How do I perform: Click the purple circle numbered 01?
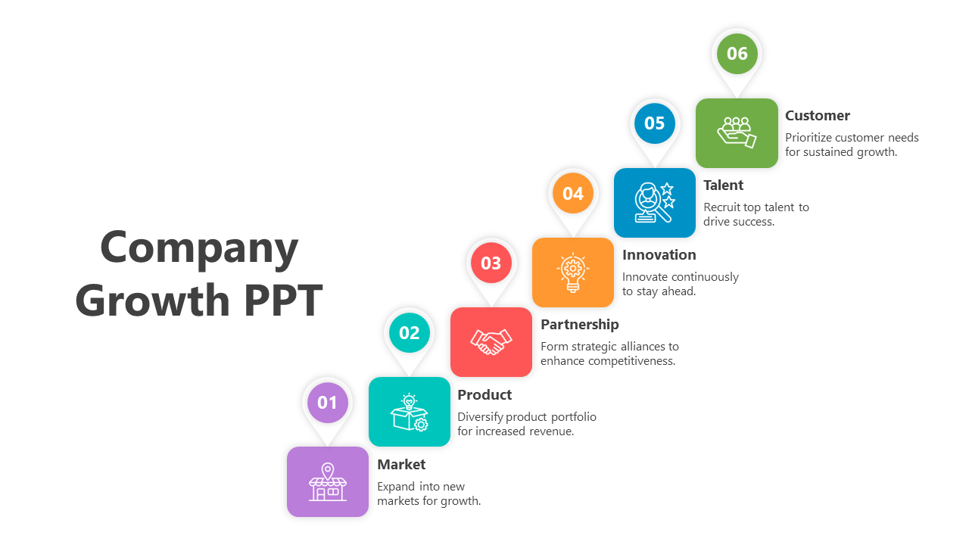click(328, 403)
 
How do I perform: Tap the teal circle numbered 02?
click(410, 332)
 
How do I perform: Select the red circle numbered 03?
click(491, 263)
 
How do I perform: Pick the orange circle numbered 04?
click(573, 193)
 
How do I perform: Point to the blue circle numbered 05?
click(655, 123)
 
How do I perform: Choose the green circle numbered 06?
click(737, 54)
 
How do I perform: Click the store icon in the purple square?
click(328, 482)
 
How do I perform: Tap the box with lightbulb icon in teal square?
click(410, 413)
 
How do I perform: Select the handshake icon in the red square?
click(491, 342)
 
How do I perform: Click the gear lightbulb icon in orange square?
click(573, 272)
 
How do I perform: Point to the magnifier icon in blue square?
click(655, 202)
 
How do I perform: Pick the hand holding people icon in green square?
click(737, 132)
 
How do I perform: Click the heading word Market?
click(401, 465)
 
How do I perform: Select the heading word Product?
click(484, 394)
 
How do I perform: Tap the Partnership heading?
click(580, 325)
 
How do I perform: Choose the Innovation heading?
click(659, 255)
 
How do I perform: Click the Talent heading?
click(723, 185)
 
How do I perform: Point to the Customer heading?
click(818, 116)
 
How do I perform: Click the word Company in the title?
click(199, 248)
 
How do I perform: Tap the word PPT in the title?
click(283, 300)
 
